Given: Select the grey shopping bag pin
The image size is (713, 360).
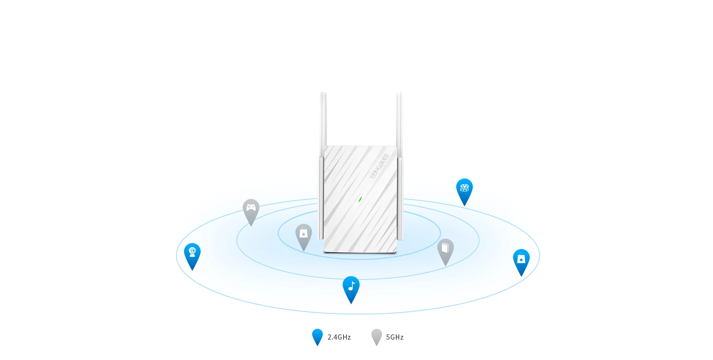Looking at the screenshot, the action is (303, 235).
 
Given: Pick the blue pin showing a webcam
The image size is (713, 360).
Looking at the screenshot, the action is (192, 254).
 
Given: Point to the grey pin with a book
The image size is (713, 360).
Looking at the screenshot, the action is (445, 249).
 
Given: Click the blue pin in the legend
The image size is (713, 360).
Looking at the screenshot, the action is (318, 336).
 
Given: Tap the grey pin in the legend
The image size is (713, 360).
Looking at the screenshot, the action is (377, 336).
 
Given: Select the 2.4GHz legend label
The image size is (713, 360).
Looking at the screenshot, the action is (339, 337).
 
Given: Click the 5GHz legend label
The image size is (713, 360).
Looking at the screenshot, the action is (395, 337).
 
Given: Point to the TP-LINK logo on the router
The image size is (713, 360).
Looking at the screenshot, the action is (380, 166).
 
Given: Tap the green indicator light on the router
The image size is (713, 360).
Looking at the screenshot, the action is (360, 199).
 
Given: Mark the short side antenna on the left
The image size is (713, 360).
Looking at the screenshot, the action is (321, 199).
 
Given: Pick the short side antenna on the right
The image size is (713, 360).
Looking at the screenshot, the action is (400, 199).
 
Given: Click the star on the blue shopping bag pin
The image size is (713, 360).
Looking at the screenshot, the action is (521, 259).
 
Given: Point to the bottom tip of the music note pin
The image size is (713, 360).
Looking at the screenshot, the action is (351, 303).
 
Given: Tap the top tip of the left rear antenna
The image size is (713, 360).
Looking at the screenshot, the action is (323, 94).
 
